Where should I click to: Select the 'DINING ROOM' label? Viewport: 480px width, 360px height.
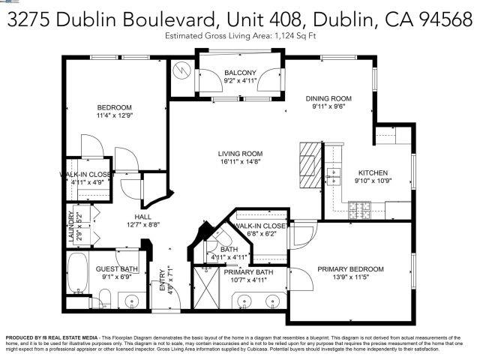[x=331, y=98]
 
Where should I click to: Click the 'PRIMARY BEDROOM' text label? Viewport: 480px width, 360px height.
[x=350, y=269]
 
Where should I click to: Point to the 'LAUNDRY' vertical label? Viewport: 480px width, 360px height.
[x=72, y=225]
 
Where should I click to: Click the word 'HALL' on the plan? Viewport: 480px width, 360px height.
[x=132, y=214]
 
